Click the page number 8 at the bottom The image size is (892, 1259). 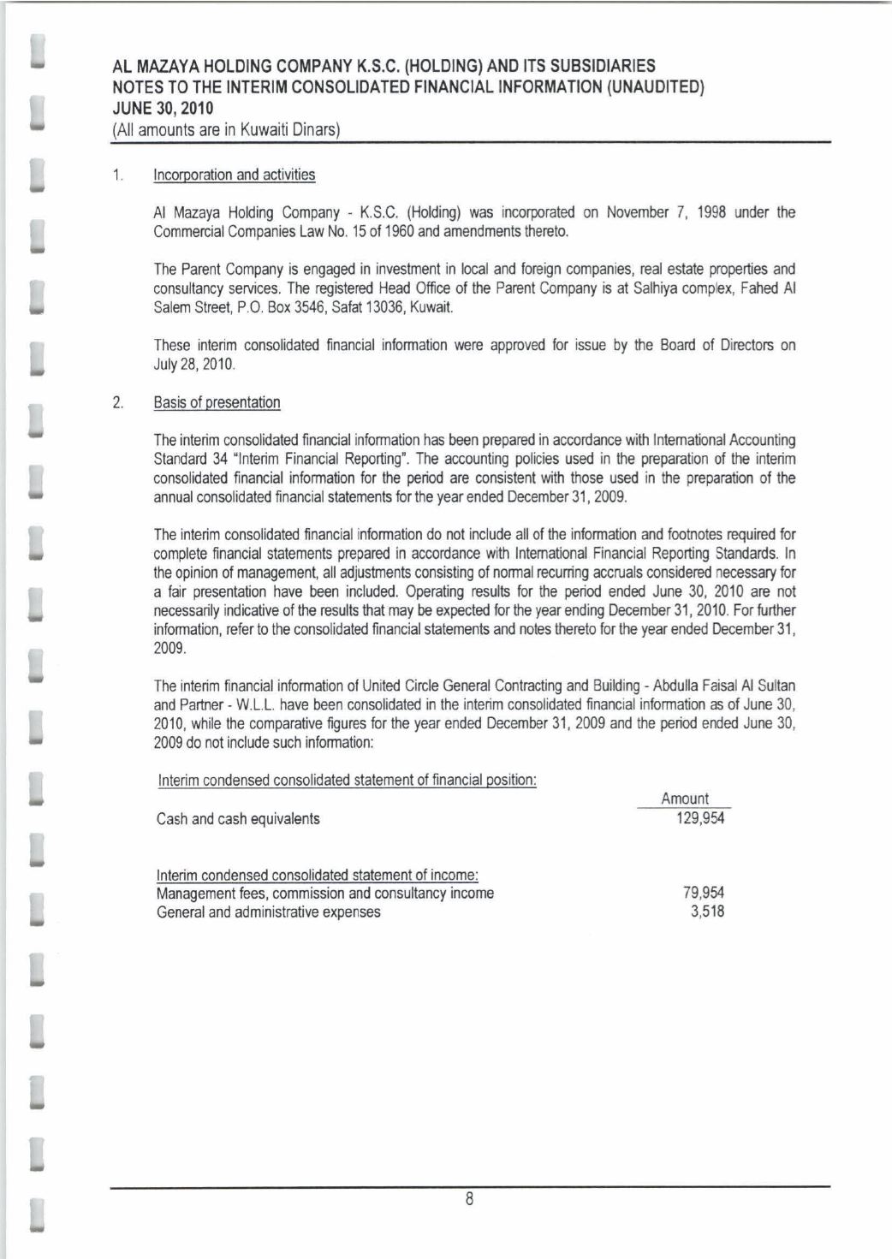[x=469, y=1198]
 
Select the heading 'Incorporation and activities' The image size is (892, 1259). [x=234, y=175]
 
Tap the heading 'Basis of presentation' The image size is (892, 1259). [x=217, y=402]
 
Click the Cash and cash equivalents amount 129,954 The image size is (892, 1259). [x=700, y=818]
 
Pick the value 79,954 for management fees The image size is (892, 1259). [x=704, y=893]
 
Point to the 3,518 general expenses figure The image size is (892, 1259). [x=707, y=912]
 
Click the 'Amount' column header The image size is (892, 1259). [x=685, y=799]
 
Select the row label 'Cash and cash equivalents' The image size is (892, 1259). [x=238, y=819]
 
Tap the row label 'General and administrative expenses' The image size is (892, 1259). [x=268, y=912]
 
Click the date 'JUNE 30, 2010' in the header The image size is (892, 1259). [x=164, y=109]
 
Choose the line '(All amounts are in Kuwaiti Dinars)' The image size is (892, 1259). [x=227, y=130]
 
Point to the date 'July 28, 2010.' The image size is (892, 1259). [x=194, y=365]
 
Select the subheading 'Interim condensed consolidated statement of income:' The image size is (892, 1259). [x=317, y=875]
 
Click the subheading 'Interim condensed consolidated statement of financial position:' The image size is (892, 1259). [x=347, y=780]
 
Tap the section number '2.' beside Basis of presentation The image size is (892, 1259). [x=118, y=402]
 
